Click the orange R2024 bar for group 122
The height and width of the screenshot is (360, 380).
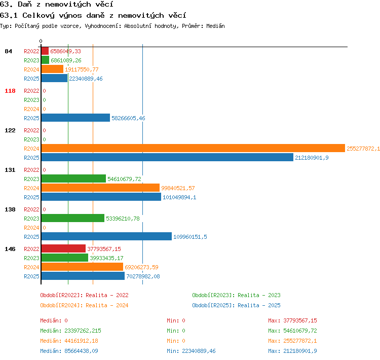point(193,148)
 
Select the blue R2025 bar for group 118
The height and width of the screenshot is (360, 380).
point(75,118)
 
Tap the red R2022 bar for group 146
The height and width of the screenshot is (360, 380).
point(63,248)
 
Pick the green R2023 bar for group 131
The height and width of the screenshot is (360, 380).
point(73,179)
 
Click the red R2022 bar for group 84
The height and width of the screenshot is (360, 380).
point(45,51)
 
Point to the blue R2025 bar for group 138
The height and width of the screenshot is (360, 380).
point(106,236)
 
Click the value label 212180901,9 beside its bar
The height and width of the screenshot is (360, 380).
point(312,158)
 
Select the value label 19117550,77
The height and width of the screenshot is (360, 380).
point(82,69)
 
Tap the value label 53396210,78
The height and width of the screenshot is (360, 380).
point(123,219)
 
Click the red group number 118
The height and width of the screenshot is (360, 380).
point(10,91)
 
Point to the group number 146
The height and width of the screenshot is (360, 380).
point(10,249)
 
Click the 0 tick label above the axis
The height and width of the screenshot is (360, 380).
point(41,41)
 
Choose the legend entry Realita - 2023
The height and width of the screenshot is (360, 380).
point(259,295)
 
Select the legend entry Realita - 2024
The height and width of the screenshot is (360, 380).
point(107,305)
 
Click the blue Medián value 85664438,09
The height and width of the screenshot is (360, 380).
point(81,351)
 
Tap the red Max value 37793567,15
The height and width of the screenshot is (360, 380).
point(300,320)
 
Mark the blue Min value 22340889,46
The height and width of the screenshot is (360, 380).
point(199,351)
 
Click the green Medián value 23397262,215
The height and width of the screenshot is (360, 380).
point(83,331)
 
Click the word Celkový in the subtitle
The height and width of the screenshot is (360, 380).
point(39,16)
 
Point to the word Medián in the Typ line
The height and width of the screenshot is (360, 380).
point(215,26)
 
